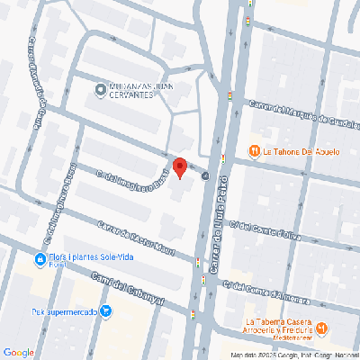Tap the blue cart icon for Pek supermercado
click(x=107, y=311)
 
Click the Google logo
click(x=19, y=352)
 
